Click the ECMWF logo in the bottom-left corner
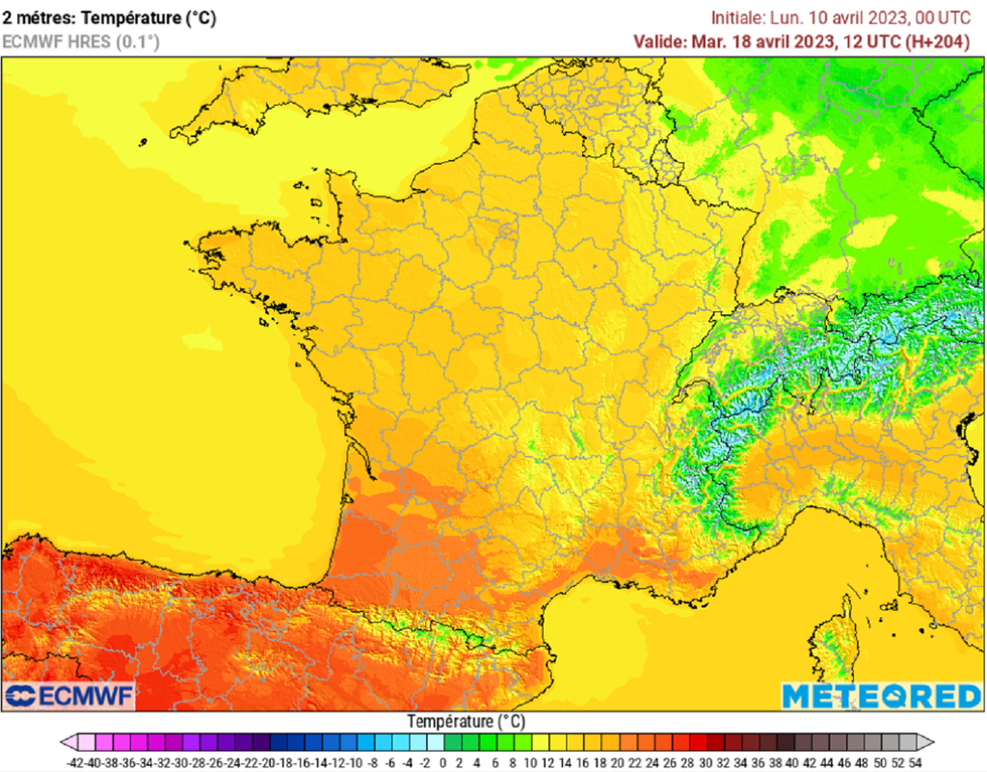[x=70, y=695]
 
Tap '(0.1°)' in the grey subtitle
[x=138, y=41]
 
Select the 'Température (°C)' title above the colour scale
[x=466, y=721]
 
